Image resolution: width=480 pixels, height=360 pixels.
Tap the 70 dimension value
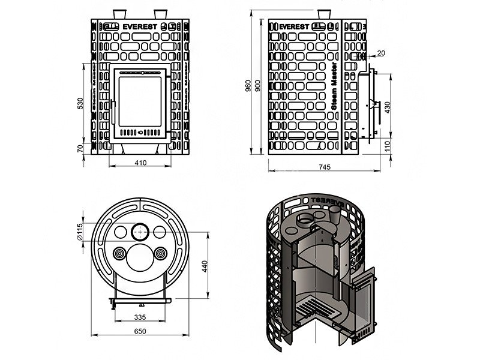pos(79,148)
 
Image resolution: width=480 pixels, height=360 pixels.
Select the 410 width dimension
pos(140,162)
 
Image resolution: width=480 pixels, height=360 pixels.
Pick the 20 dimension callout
pos(380,53)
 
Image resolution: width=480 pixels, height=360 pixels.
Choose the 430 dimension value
pos(387,107)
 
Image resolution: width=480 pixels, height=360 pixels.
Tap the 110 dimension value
pos(387,145)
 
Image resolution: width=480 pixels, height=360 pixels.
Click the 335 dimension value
pos(140,317)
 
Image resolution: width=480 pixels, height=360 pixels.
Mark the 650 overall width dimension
pos(139,331)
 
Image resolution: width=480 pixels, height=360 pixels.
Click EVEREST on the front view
pos(140,27)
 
